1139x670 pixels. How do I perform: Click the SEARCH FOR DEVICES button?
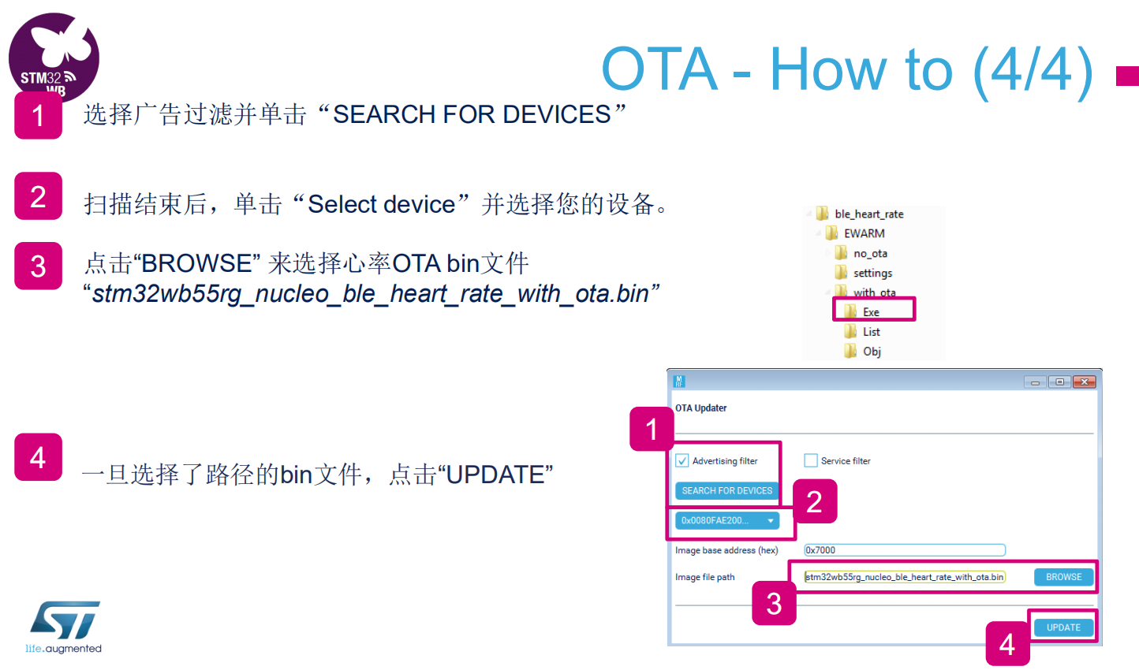click(726, 491)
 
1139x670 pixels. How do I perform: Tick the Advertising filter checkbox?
click(682, 460)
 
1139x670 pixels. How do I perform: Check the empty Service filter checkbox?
click(811, 460)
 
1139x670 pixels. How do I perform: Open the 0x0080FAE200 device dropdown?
click(727, 521)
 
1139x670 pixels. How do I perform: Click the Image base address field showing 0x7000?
click(905, 550)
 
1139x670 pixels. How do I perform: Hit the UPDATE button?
click(1063, 627)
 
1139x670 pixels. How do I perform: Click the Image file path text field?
click(905, 577)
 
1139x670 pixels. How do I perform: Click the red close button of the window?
click(1084, 382)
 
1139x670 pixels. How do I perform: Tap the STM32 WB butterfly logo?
click(54, 56)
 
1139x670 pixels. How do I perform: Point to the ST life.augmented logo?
click(64, 627)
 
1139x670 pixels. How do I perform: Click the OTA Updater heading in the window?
click(700, 408)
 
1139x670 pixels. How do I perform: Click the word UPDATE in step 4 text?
click(495, 475)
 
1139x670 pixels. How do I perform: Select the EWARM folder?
click(855, 233)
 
